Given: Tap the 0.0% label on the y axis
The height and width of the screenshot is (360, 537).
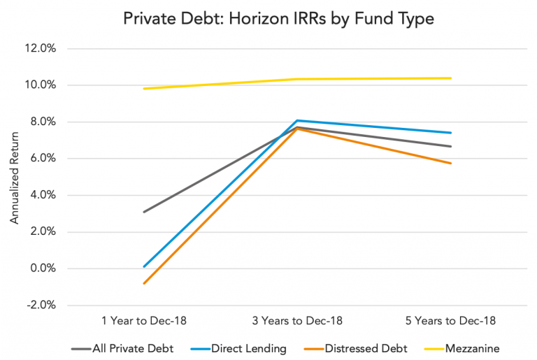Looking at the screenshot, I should click(49, 268).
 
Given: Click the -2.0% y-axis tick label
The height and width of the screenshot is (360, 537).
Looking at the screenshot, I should click(48, 305).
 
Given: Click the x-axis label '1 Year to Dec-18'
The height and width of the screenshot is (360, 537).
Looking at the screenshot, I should click(143, 322).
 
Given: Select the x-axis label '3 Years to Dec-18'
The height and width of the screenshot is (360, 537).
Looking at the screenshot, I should click(296, 322).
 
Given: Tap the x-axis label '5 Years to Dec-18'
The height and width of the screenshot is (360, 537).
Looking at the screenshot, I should click(450, 322).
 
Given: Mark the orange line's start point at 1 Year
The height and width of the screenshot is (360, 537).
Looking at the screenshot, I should click(143, 283).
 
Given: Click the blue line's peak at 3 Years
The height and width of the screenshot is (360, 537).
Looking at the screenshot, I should click(297, 120).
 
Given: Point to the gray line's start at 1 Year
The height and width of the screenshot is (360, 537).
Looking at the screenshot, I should click(143, 212).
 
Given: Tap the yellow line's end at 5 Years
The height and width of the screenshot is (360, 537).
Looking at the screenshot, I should click(451, 78).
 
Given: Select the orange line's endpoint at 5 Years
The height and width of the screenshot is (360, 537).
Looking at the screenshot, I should click(451, 164).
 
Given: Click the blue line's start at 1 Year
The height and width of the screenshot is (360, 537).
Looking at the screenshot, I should click(143, 266).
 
